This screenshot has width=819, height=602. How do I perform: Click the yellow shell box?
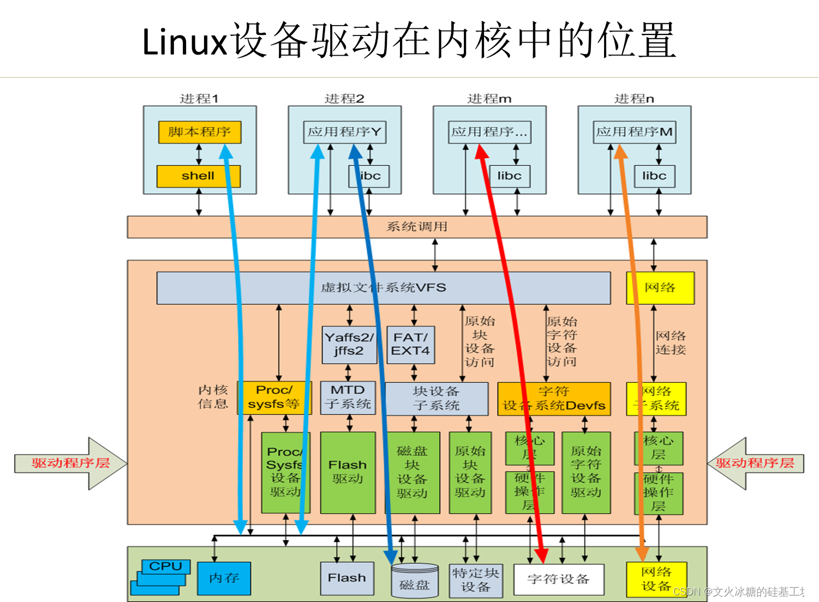[x=198, y=176]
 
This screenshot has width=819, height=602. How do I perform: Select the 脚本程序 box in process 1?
[x=199, y=132]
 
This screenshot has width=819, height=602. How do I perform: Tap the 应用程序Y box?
[x=344, y=132]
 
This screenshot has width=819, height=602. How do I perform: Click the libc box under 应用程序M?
[x=654, y=176]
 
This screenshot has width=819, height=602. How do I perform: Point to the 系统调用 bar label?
[x=417, y=227]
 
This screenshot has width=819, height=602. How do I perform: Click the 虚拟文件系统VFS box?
[x=383, y=288]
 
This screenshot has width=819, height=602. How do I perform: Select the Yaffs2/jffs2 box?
[x=349, y=345]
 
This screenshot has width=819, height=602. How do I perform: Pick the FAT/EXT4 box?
[x=411, y=345]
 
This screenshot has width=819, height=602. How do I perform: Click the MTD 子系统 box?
[x=348, y=398]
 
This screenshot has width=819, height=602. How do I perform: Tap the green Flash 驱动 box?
[x=348, y=472]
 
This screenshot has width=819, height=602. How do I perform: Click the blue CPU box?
[x=166, y=567]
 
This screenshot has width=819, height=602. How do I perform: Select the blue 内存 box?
[x=224, y=578]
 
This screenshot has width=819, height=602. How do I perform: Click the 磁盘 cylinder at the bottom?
[x=415, y=582]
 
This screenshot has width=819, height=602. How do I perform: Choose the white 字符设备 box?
[x=558, y=580]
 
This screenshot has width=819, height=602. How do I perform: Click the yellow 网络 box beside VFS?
[x=660, y=288]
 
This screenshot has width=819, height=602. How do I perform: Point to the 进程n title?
[x=634, y=99]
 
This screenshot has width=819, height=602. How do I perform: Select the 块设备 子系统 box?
[x=437, y=399]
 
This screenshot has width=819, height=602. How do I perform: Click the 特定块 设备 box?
[x=475, y=580]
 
